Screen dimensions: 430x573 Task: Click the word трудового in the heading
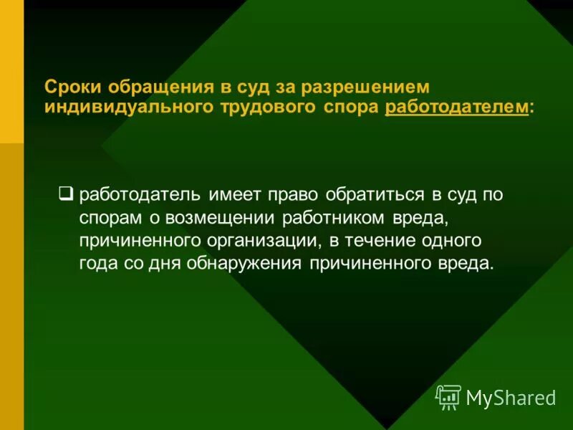274,107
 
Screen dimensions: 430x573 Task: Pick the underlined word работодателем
458,107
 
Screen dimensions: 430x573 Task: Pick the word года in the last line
98,263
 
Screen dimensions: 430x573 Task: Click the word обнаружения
246,263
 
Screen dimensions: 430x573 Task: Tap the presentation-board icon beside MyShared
448,397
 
